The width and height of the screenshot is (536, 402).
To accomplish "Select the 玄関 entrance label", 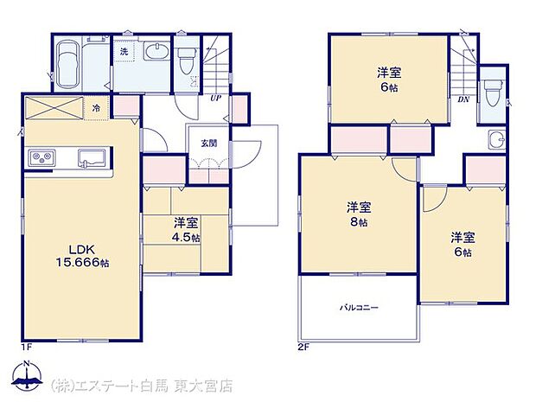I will point(208,143).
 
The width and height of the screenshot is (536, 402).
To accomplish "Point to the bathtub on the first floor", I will point(70,65).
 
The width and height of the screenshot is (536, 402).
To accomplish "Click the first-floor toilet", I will point(185,60).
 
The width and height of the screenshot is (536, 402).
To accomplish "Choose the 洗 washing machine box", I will point(124,51).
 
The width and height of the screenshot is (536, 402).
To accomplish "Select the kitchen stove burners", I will point(42,157).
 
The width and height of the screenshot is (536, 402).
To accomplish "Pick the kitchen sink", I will point(92,157).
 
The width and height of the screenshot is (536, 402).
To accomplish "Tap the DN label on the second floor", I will point(463,100).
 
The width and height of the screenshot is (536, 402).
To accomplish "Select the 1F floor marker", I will point(26,346).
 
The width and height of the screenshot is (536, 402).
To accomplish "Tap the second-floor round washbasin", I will point(495,141).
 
